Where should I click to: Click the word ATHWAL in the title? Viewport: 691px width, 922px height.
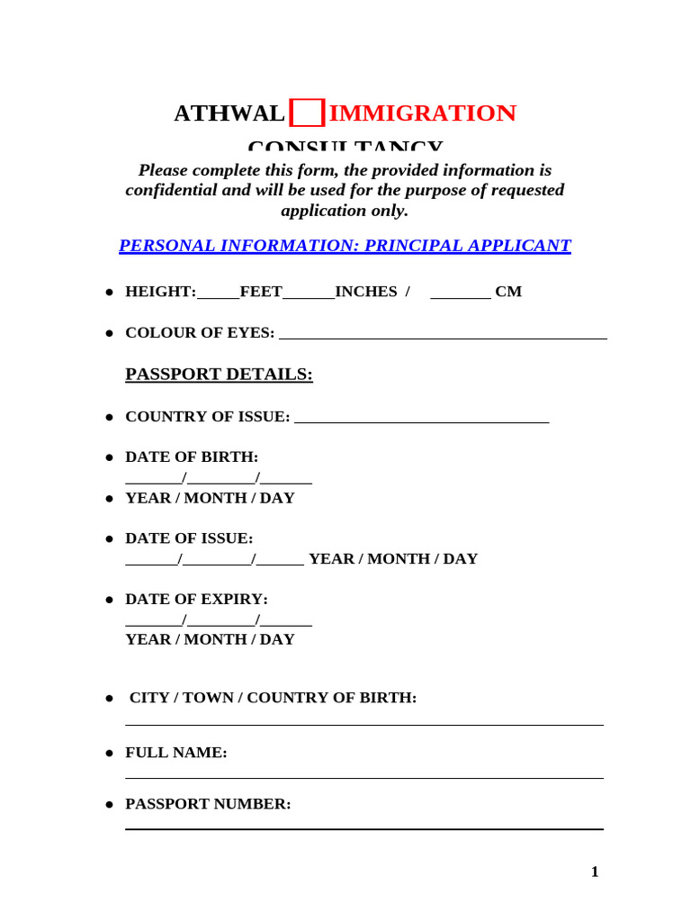click(229, 113)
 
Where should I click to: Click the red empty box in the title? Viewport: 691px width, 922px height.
click(308, 113)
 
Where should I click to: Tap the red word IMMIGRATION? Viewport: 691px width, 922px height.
click(422, 113)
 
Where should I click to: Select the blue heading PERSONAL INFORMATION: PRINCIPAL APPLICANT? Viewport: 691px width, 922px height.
click(345, 246)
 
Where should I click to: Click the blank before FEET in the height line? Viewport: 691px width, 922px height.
click(218, 294)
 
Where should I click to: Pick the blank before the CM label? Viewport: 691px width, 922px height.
click(460, 294)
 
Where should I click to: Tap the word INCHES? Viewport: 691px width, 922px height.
click(365, 292)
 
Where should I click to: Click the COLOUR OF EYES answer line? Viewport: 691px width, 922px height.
click(443, 338)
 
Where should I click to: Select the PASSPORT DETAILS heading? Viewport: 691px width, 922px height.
click(219, 375)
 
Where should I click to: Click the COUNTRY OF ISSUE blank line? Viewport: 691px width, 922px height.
click(421, 420)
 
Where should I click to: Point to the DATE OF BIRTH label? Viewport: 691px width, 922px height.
click(192, 457)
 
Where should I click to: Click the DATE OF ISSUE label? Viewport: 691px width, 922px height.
click(189, 538)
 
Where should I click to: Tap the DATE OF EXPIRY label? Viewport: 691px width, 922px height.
click(196, 600)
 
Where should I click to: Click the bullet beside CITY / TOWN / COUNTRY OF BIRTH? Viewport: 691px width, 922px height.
click(109, 699)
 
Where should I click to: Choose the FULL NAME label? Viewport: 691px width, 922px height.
click(176, 753)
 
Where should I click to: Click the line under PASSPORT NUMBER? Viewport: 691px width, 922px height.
click(363, 828)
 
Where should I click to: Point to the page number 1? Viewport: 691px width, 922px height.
click(594, 872)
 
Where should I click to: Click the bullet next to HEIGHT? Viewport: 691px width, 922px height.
click(109, 293)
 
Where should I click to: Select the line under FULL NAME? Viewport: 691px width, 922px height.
click(363, 778)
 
